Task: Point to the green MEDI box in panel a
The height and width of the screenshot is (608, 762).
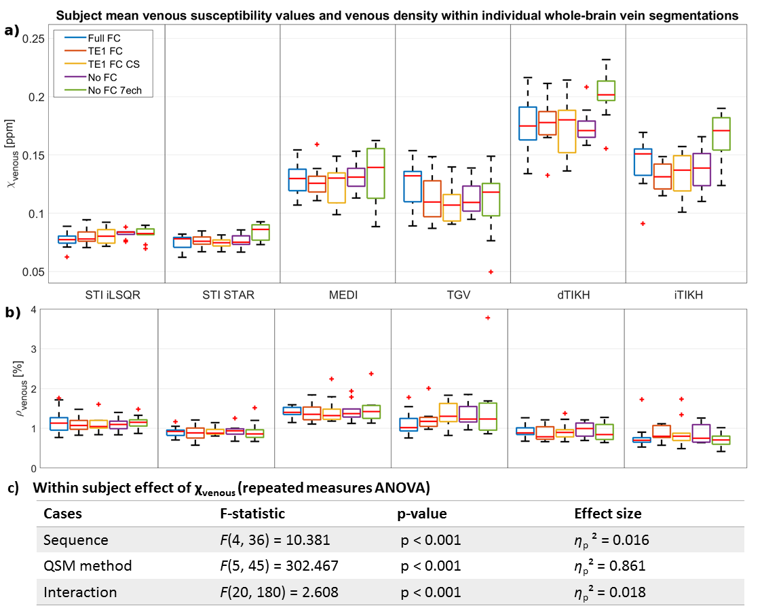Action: [375, 173]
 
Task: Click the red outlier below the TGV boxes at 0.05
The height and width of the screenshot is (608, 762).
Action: [490, 271]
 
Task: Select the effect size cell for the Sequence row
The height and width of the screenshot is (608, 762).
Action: [611, 540]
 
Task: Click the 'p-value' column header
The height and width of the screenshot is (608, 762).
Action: [421, 514]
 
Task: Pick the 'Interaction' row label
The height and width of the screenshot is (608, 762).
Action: [80, 592]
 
